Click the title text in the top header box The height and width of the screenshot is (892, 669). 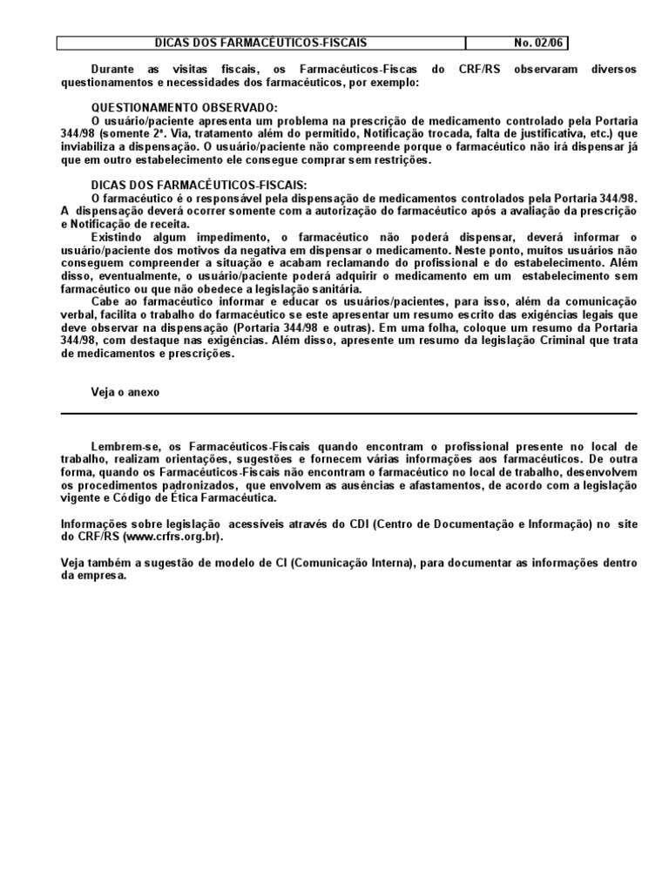click(260, 43)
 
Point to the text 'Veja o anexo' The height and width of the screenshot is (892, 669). click(125, 392)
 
